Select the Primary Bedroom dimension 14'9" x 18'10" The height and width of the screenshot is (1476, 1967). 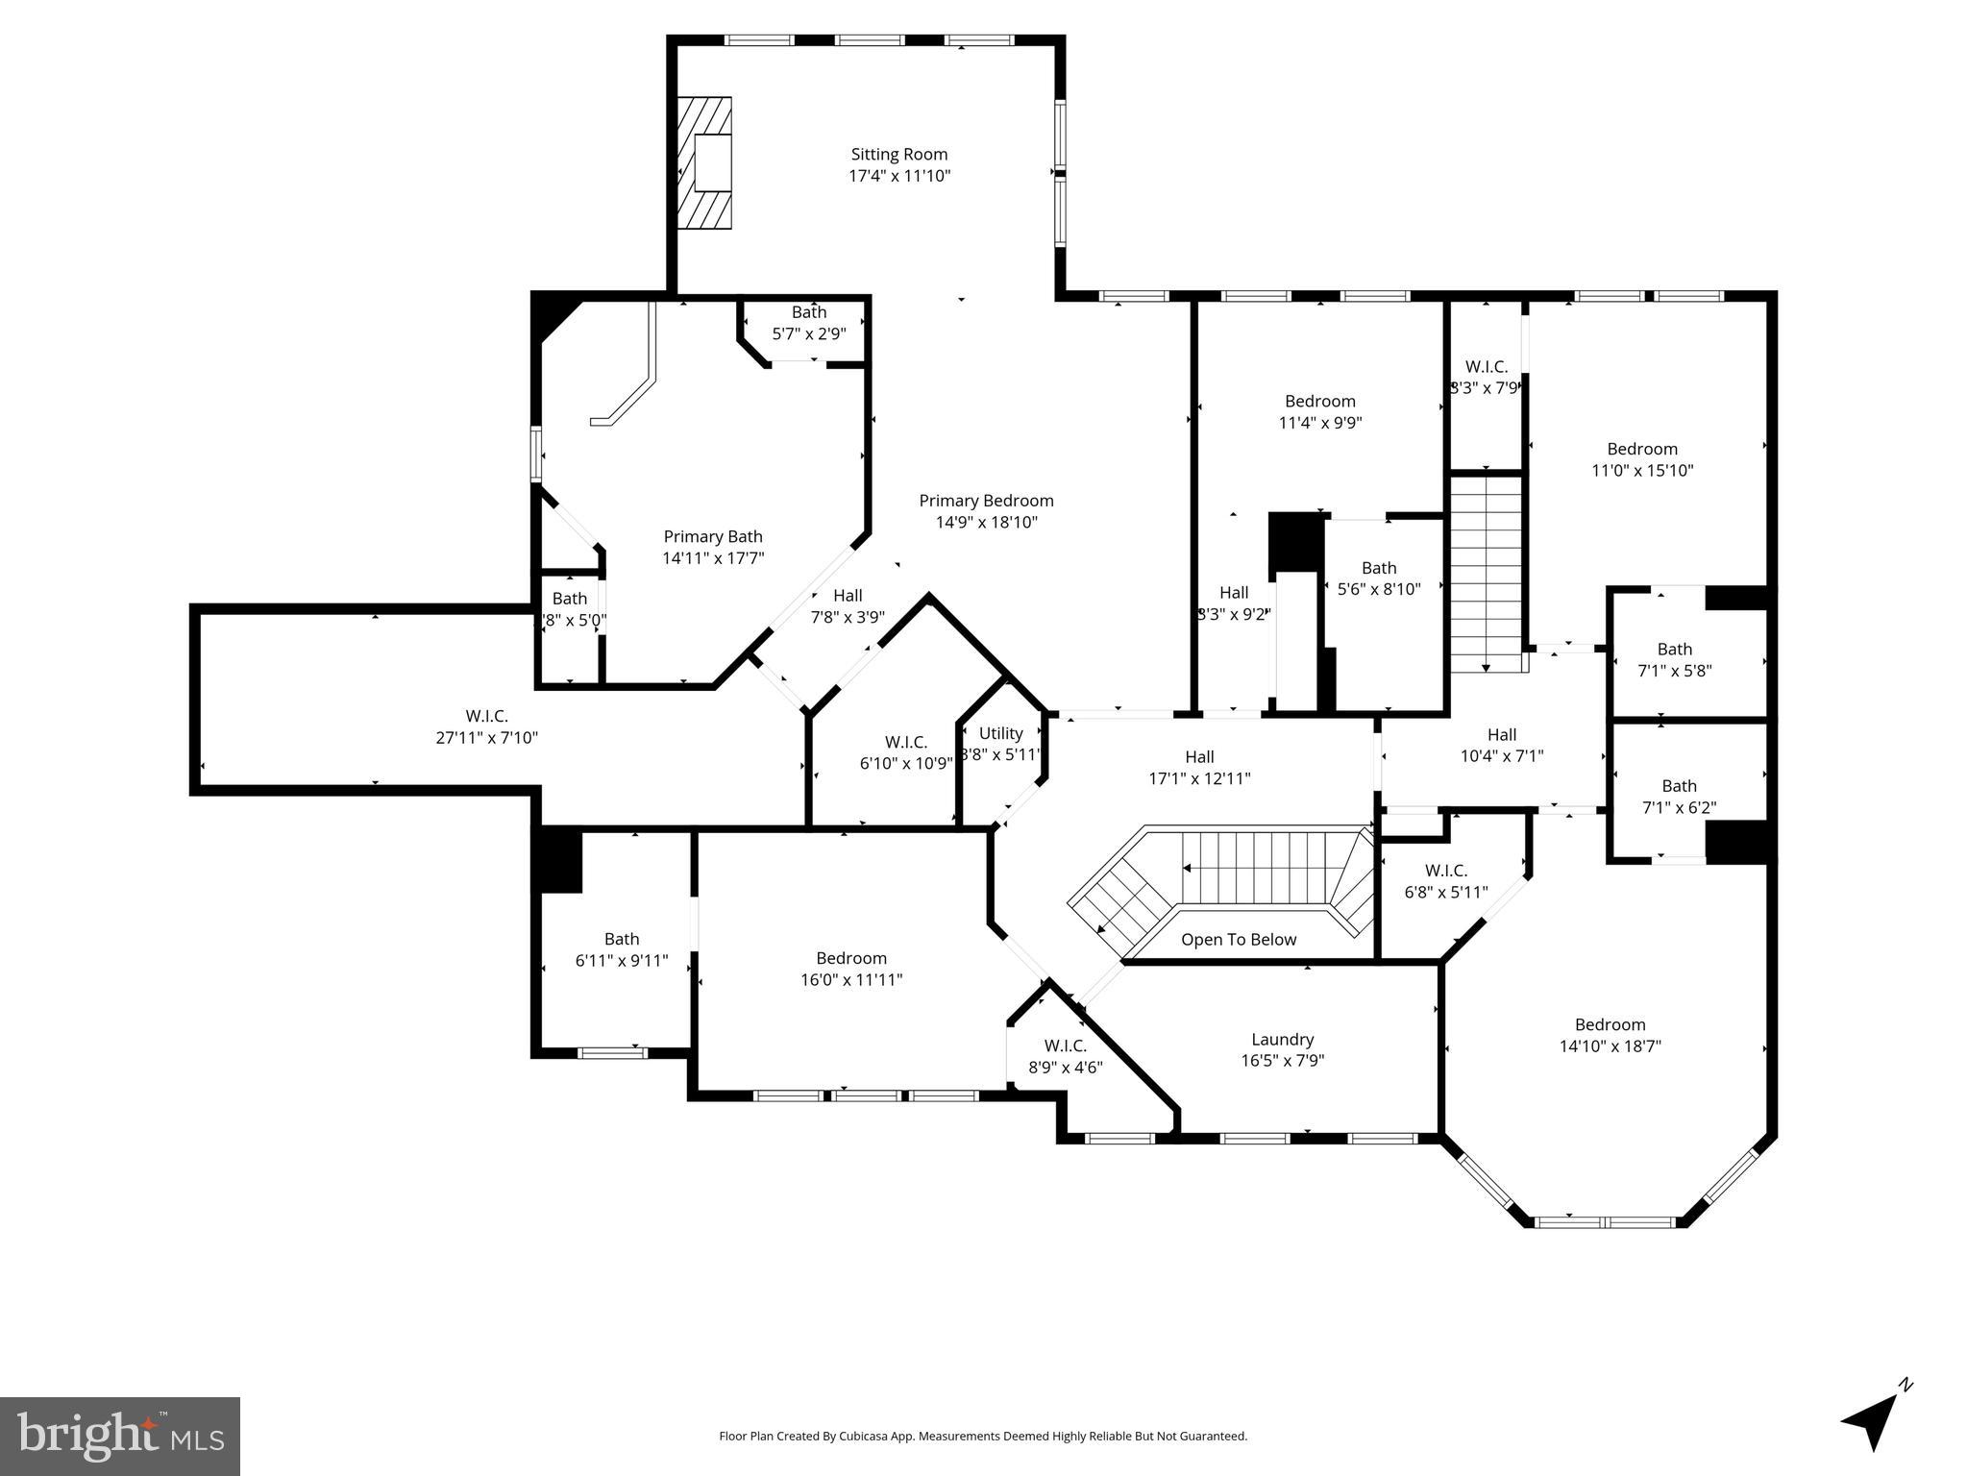[986, 523]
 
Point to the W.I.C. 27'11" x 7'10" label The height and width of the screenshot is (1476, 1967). [486, 727]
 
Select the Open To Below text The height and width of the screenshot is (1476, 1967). [1238, 940]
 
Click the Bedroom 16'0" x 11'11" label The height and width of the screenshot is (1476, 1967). [851, 969]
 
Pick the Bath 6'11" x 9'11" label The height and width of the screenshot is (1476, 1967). [622, 949]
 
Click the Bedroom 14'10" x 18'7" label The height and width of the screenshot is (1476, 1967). [1610, 1035]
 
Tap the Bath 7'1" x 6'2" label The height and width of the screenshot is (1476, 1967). [1678, 797]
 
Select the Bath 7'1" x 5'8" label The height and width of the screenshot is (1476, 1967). [1674, 660]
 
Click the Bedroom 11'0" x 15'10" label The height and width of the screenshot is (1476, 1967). [1641, 459]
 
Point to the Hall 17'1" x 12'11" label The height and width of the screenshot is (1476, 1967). [1199, 767]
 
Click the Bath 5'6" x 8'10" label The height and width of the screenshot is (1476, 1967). [1378, 578]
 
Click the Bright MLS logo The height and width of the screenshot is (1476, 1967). [119, 1436]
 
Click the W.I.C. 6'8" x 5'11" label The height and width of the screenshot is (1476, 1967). [1445, 881]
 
